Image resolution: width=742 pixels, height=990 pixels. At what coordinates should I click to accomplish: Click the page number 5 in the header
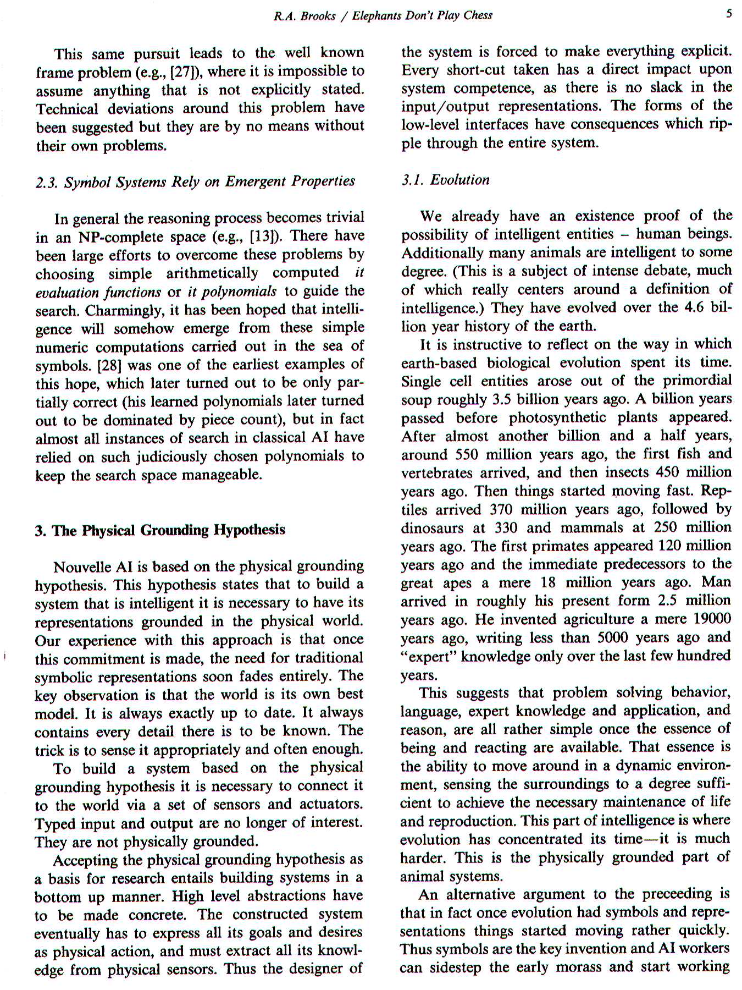(729, 14)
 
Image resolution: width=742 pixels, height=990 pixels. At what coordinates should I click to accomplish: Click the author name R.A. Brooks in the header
(304, 16)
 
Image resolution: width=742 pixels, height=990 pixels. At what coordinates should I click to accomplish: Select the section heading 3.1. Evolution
(445, 180)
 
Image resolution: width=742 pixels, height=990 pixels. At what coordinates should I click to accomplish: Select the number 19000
(712, 619)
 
